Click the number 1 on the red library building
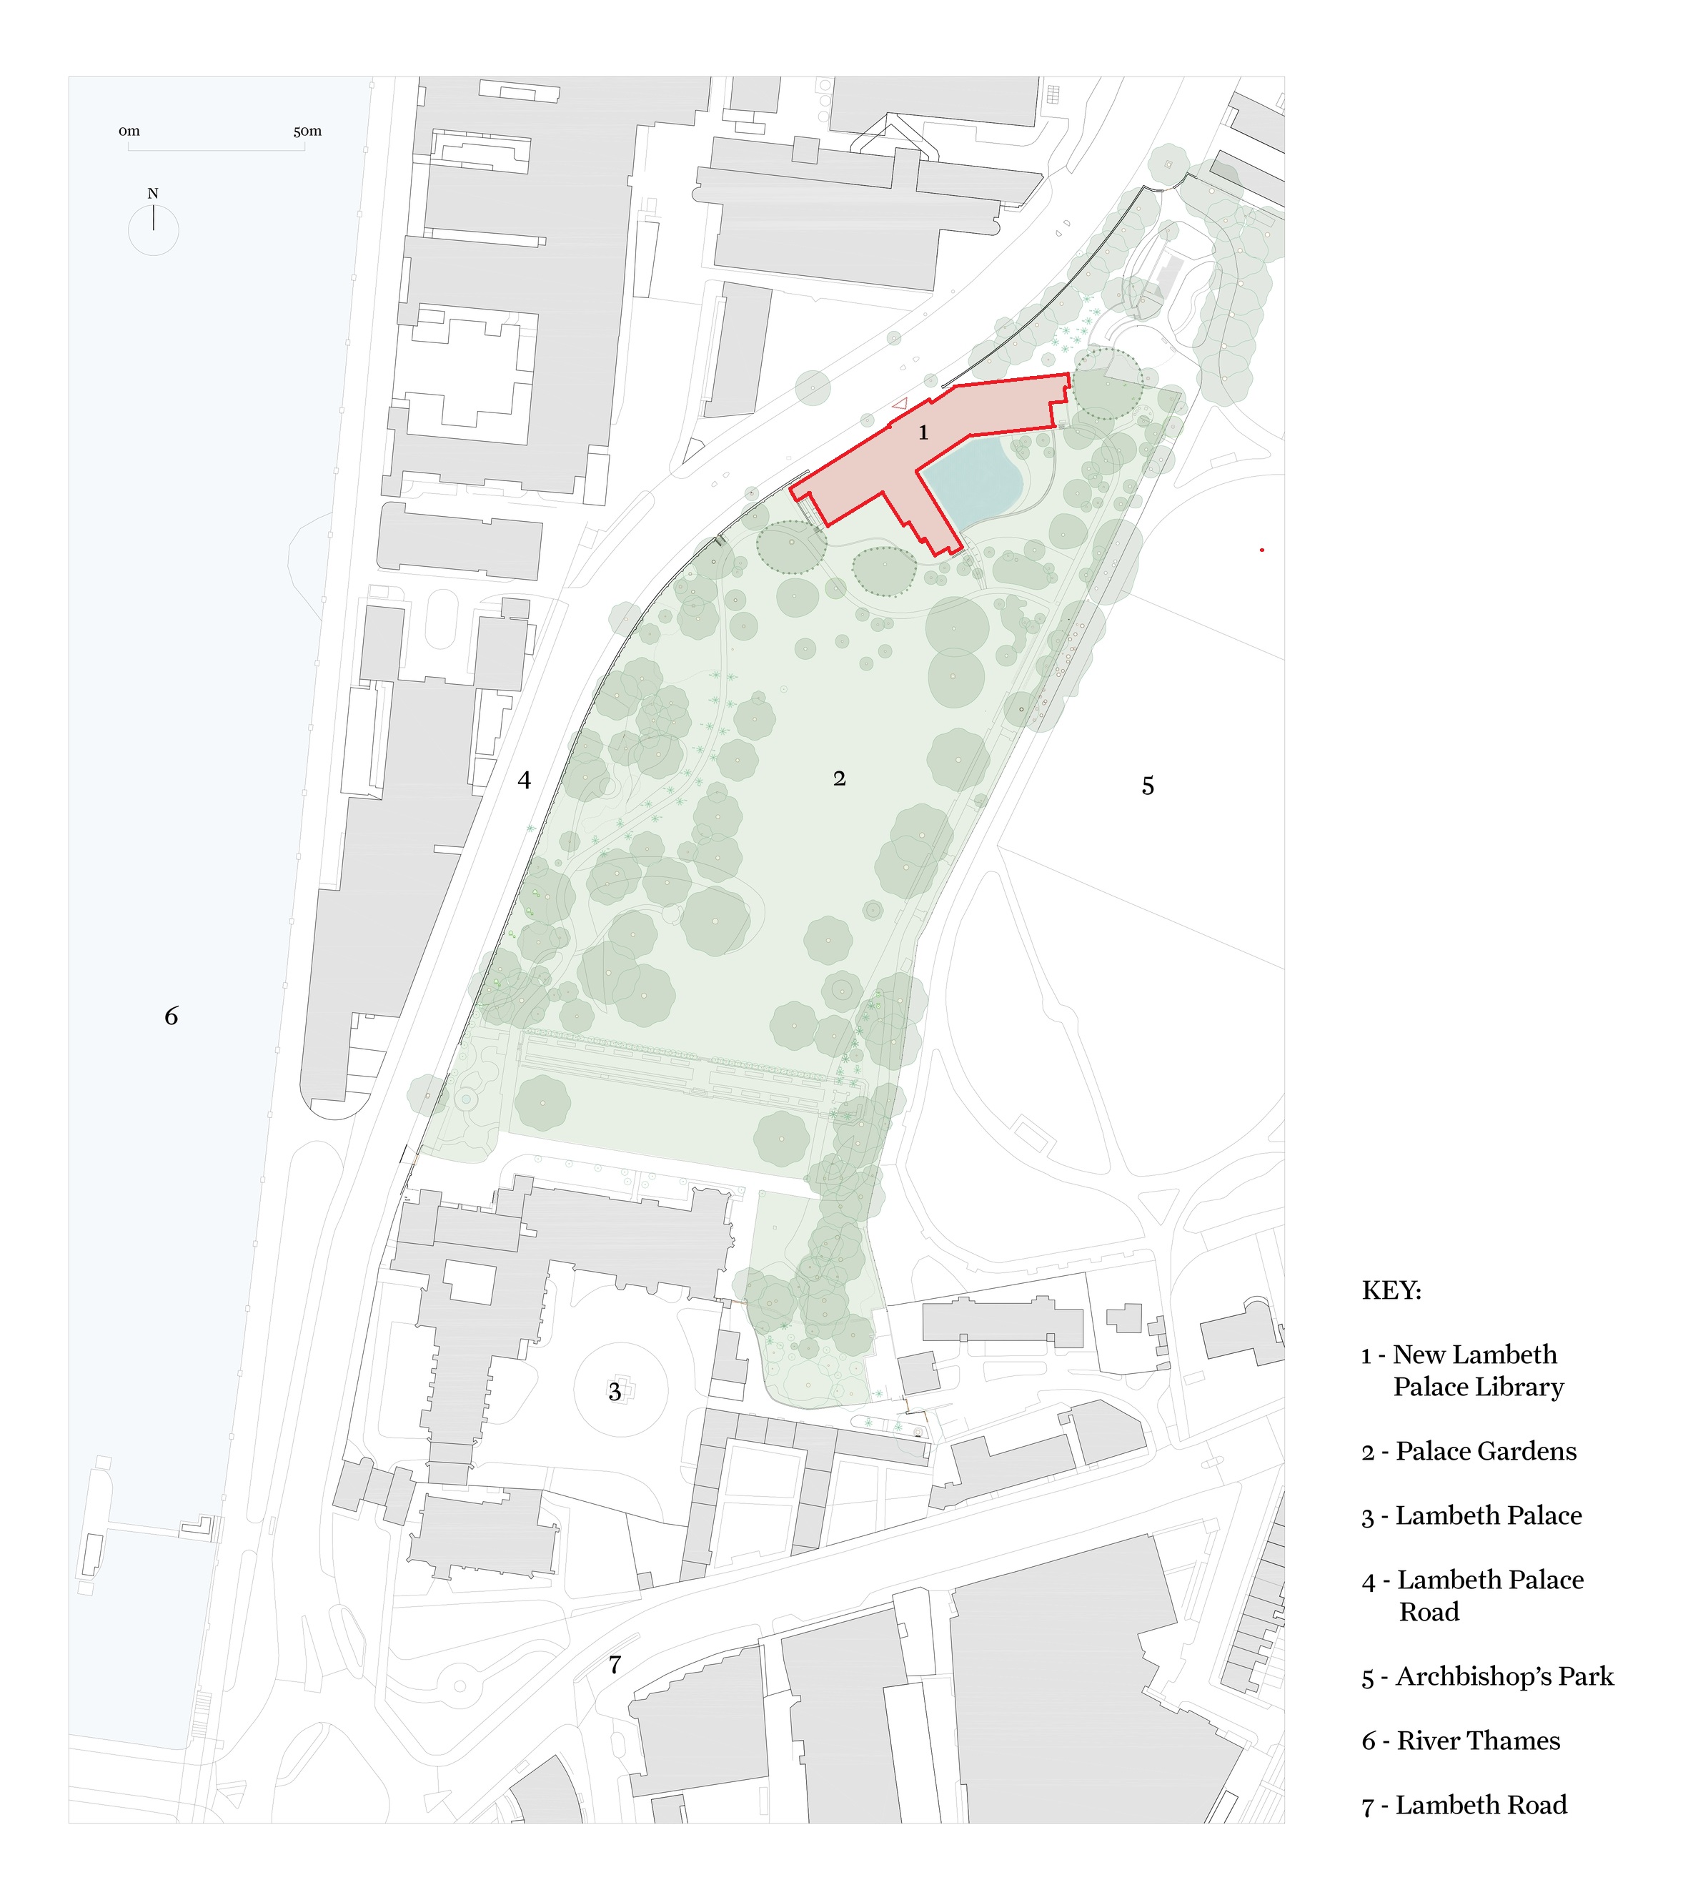pos(923,432)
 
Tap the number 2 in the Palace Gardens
pos(839,779)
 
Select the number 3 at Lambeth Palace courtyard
pos(615,1392)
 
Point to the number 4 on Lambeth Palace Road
pos(525,780)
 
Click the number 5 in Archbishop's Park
pos(1148,786)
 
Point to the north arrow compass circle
pos(154,230)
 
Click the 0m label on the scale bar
pos(129,131)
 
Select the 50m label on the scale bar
pos(308,131)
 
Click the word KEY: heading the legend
pos(1391,1290)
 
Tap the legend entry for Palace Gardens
pos(1469,1451)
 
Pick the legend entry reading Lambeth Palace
pos(1471,1515)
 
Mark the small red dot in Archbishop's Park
pos(1261,550)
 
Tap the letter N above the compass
pos(154,193)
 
